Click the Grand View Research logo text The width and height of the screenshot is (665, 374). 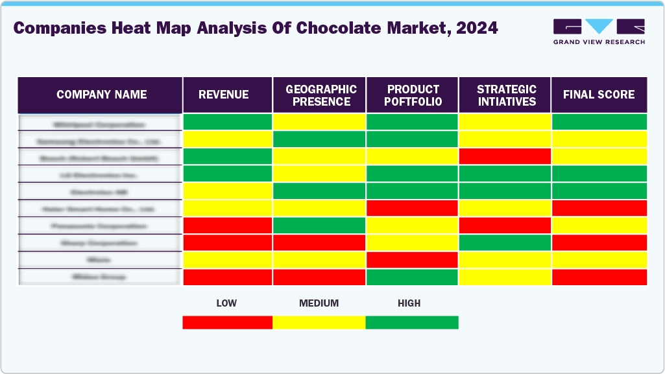click(598, 42)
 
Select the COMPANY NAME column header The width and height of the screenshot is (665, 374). click(101, 95)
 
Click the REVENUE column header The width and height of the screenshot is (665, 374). click(223, 95)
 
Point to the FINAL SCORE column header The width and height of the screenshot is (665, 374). click(598, 95)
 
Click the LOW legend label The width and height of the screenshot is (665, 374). click(226, 303)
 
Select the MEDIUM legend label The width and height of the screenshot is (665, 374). click(319, 303)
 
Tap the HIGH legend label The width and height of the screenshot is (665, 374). click(409, 303)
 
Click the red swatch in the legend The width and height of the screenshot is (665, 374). click(227, 322)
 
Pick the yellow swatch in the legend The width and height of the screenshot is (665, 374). click(319, 322)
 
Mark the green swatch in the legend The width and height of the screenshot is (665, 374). click(412, 322)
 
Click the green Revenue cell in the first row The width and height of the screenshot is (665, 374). click(228, 122)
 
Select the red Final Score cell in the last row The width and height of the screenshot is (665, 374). click(599, 277)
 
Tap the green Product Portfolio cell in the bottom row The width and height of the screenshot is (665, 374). click(413, 277)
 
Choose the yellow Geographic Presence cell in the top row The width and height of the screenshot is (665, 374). click(320, 122)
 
